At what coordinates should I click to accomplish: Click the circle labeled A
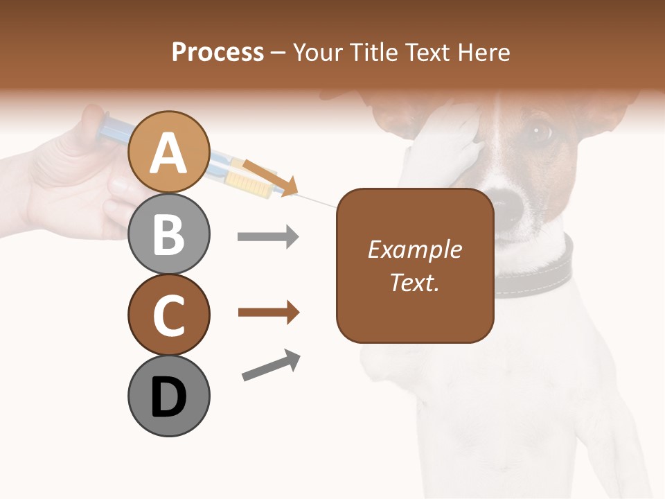pyautogui.click(x=168, y=152)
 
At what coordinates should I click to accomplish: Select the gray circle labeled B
pyautogui.click(x=168, y=234)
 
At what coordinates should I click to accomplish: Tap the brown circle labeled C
pyautogui.click(x=168, y=315)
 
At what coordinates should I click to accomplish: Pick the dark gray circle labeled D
pyautogui.click(x=168, y=396)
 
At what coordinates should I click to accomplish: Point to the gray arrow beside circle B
pyautogui.click(x=268, y=237)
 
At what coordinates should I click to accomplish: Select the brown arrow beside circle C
pyautogui.click(x=268, y=313)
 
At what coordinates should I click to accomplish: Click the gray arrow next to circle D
pyautogui.click(x=272, y=365)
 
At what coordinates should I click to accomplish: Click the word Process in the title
pyautogui.click(x=218, y=53)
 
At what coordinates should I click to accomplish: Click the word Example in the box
pyautogui.click(x=414, y=249)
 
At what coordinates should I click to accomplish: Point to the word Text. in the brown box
pyautogui.click(x=414, y=282)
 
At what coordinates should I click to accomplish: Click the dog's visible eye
pyautogui.click(x=540, y=130)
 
